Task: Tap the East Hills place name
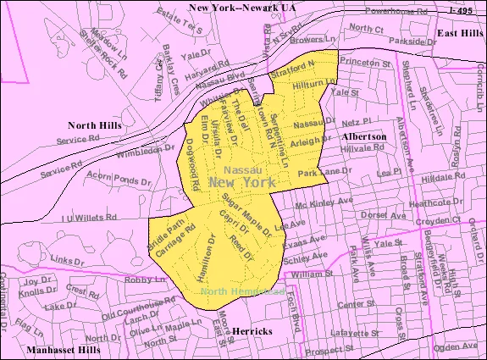(460, 32)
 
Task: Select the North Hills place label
(94, 125)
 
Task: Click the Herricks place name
(252, 331)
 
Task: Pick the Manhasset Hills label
(62, 350)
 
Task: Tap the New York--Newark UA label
(242, 8)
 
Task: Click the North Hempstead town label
(242, 292)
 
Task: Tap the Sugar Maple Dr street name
(246, 213)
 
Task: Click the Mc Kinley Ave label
(322, 205)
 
